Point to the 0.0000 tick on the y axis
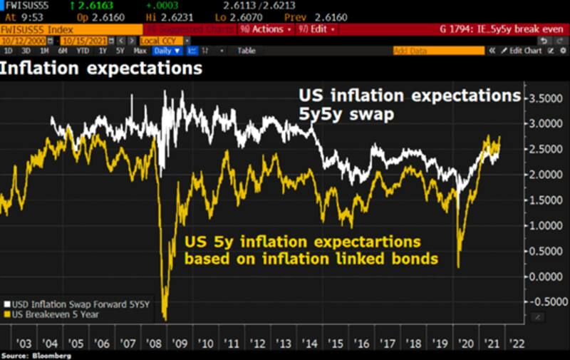[x=548, y=276]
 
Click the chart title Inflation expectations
[x=101, y=69]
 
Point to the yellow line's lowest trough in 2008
[x=165, y=318]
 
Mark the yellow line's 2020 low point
[x=457, y=267]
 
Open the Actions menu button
[x=266, y=29]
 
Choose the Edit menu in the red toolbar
[x=317, y=29]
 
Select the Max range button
[x=139, y=51]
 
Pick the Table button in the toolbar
[x=247, y=51]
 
